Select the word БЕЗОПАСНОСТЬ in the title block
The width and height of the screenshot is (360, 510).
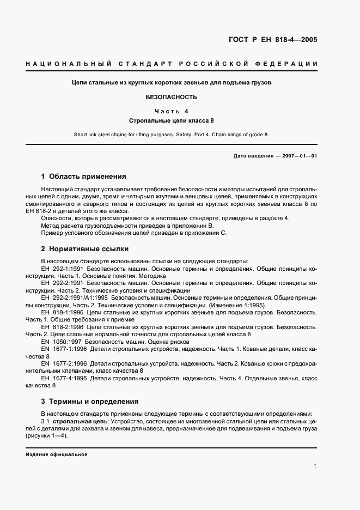tap(171, 98)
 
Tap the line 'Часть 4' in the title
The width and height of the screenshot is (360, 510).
tap(171, 111)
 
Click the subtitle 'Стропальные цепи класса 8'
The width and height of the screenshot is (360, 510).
tap(171, 120)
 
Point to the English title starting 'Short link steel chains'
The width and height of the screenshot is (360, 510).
tap(171, 134)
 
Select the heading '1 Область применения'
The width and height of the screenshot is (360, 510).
tap(83, 177)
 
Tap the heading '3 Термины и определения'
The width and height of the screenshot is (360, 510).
tap(89, 401)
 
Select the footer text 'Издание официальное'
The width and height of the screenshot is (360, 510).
tap(56, 454)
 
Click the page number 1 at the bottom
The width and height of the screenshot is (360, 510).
tap(315, 466)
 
